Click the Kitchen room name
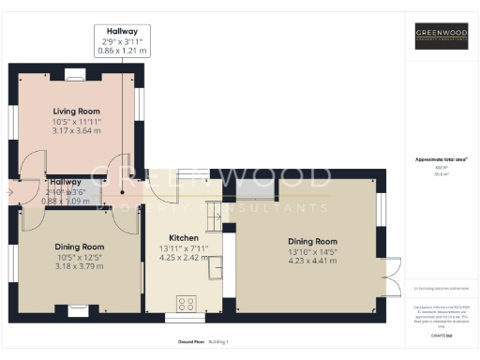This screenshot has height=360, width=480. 183,238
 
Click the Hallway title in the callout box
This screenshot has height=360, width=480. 123,30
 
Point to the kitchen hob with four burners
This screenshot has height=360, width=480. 186,302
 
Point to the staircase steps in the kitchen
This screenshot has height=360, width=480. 213,217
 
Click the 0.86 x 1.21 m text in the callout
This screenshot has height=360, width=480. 123,51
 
